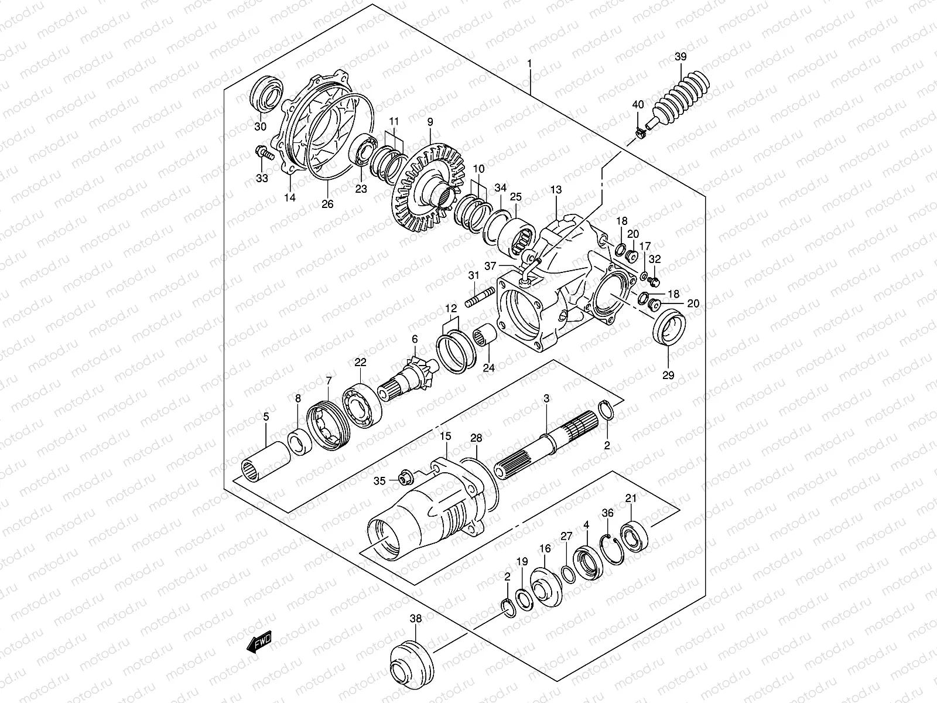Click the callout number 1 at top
pos(529,63)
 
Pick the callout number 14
pos(290,198)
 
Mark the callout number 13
pos(556,190)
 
